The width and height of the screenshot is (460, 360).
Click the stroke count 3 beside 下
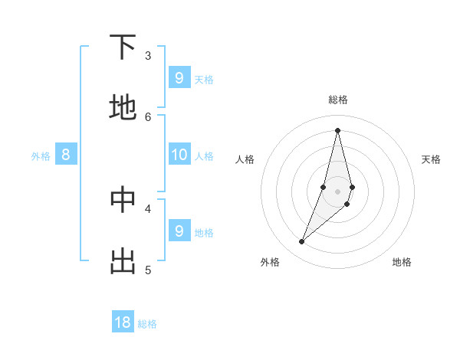[148, 56]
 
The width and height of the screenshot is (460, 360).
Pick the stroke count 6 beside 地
[148, 116]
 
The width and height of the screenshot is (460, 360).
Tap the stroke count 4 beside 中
[148, 208]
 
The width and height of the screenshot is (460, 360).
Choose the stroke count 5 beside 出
[148, 270]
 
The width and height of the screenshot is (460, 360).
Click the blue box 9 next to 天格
[179, 77]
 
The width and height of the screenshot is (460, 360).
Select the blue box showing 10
[179, 155]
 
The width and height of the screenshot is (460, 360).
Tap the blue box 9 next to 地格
[179, 231]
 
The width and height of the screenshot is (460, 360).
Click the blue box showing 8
[66, 155]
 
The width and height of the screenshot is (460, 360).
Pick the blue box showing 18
[123, 322]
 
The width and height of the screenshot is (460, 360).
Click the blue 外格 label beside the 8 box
[41, 156]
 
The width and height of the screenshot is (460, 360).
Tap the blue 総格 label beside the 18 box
[147, 324]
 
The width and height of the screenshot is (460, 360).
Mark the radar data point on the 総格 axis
[337, 129]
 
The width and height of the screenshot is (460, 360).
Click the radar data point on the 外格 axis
[301, 242]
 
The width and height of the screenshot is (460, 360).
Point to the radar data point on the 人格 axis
[323, 187]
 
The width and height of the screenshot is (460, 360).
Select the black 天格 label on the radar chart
[431, 159]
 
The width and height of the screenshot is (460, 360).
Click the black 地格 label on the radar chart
[402, 262]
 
